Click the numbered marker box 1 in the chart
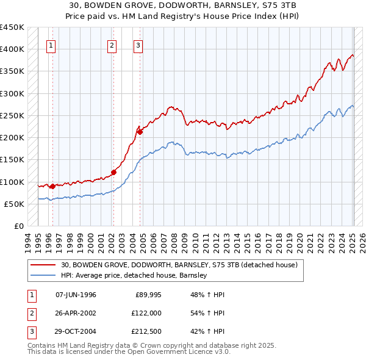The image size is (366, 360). pos(51,45)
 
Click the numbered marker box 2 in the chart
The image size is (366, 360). pos(112,45)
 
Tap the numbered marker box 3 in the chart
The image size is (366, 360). pos(138,45)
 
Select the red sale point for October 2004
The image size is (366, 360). pos(140,131)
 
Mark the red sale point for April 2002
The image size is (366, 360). pos(113,171)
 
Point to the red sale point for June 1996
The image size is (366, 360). pos(52,186)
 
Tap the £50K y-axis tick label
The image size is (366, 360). pos(14,204)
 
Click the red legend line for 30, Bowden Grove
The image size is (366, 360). pos(43,265)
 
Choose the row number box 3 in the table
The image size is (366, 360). pos(30,333)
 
